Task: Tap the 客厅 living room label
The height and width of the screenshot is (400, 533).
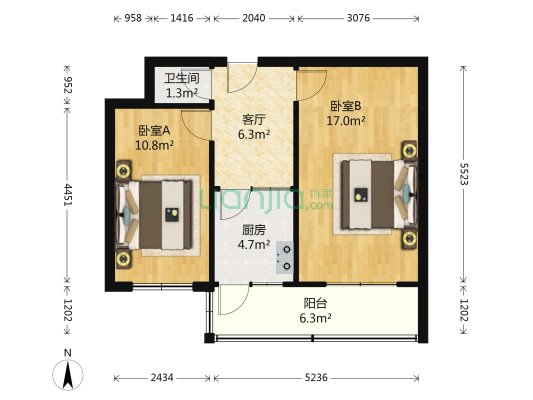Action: (x=252, y=119)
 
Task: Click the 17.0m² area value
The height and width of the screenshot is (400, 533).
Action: (x=347, y=120)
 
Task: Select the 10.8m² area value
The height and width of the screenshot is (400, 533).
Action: (x=155, y=145)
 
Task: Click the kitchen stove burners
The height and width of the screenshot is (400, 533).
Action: (x=283, y=256)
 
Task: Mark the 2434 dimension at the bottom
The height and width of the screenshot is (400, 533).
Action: (x=162, y=377)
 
